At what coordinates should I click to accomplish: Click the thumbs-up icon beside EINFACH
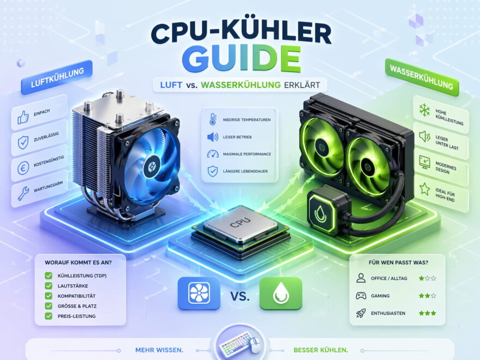pos(22,117)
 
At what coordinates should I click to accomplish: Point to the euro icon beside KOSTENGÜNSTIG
pos(22,167)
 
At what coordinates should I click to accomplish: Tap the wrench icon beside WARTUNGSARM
pos(22,193)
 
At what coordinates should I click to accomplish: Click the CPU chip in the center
pos(239,225)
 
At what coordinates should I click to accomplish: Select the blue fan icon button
pos(199,292)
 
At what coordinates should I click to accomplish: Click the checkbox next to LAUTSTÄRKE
pos(49,285)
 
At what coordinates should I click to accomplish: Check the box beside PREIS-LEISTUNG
pos(49,315)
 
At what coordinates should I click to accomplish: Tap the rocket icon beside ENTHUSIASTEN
pos(361,313)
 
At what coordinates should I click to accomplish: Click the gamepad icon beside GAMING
pos(361,296)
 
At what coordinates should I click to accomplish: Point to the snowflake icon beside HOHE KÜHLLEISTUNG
pos(424,110)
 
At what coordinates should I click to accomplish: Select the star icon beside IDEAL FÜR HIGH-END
pos(424,189)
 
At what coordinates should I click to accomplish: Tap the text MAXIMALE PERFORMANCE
pos(247,154)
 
